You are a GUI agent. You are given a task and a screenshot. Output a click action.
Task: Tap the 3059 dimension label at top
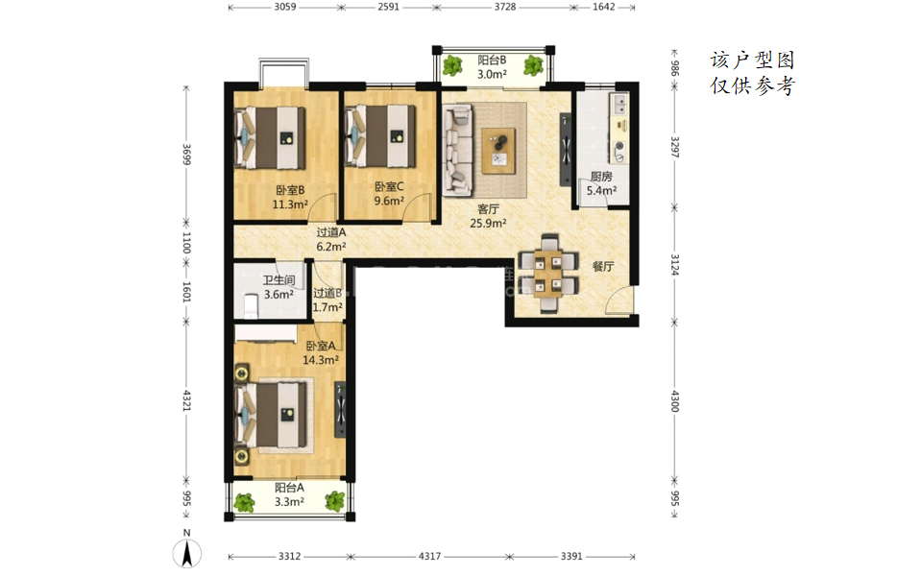tap(285, 7)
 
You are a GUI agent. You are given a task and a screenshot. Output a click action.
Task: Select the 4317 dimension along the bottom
tap(429, 556)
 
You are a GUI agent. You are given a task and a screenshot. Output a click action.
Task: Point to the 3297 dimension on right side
tap(675, 147)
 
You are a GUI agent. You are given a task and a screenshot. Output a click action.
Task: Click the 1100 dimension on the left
tap(186, 242)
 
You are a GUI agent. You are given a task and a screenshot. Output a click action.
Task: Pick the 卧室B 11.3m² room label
tap(290, 197)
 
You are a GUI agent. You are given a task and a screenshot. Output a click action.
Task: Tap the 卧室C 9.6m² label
tap(389, 193)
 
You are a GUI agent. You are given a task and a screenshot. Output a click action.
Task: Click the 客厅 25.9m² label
tap(488, 216)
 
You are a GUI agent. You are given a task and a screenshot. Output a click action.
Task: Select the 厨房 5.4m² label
tap(601, 183)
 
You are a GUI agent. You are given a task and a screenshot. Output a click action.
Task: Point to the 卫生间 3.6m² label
tap(279, 287)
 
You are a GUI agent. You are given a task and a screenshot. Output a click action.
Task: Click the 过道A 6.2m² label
tap(331, 240)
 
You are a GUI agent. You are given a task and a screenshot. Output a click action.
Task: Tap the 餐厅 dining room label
tap(603, 266)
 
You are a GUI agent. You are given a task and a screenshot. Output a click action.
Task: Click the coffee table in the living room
tap(498, 151)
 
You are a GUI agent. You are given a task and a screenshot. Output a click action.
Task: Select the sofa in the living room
tap(458, 150)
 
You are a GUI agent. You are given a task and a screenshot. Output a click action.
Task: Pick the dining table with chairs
tap(548, 273)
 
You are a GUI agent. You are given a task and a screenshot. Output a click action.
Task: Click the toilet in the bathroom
tap(251, 306)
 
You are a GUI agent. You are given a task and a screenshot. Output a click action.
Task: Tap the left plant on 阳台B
tap(452, 65)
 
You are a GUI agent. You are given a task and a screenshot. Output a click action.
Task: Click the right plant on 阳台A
tap(335, 501)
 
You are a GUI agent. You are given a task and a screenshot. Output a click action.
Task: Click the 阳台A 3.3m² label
tap(289, 494)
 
